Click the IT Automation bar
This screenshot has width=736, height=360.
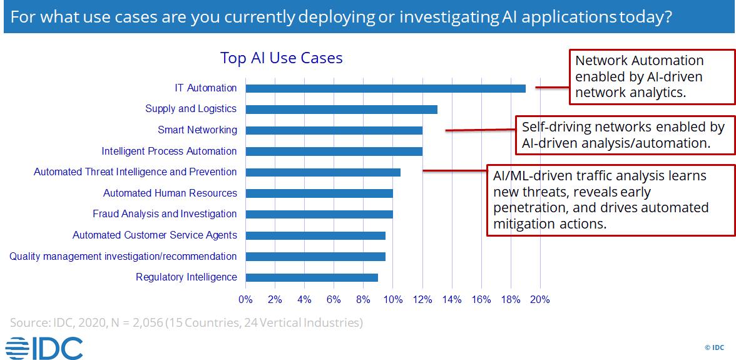[x=386, y=88]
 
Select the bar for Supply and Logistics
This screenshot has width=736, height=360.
[x=341, y=110]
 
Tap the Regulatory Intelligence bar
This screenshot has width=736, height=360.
[x=312, y=277]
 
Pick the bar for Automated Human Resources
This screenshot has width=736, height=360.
[x=319, y=193]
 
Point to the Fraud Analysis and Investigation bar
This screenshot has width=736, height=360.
[x=319, y=215]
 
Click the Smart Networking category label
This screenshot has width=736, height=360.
[x=198, y=130]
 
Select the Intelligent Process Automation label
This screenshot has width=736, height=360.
[x=169, y=151]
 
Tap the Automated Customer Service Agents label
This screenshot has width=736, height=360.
[x=155, y=235]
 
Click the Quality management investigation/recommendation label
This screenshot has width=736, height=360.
[x=123, y=256]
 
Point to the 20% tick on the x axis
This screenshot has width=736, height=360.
[x=539, y=300]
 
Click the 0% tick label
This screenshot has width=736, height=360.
[x=245, y=300]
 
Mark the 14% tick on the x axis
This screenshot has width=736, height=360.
[x=452, y=300]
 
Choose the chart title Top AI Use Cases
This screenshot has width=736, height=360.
[x=282, y=58]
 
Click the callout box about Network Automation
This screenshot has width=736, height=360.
[x=652, y=76]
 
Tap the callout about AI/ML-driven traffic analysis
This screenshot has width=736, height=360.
[x=611, y=200]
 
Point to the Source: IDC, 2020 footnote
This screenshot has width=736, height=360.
[x=187, y=323]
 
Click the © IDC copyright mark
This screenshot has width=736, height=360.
[x=715, y=347]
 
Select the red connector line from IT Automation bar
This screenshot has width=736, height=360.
[x=553, y=87]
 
